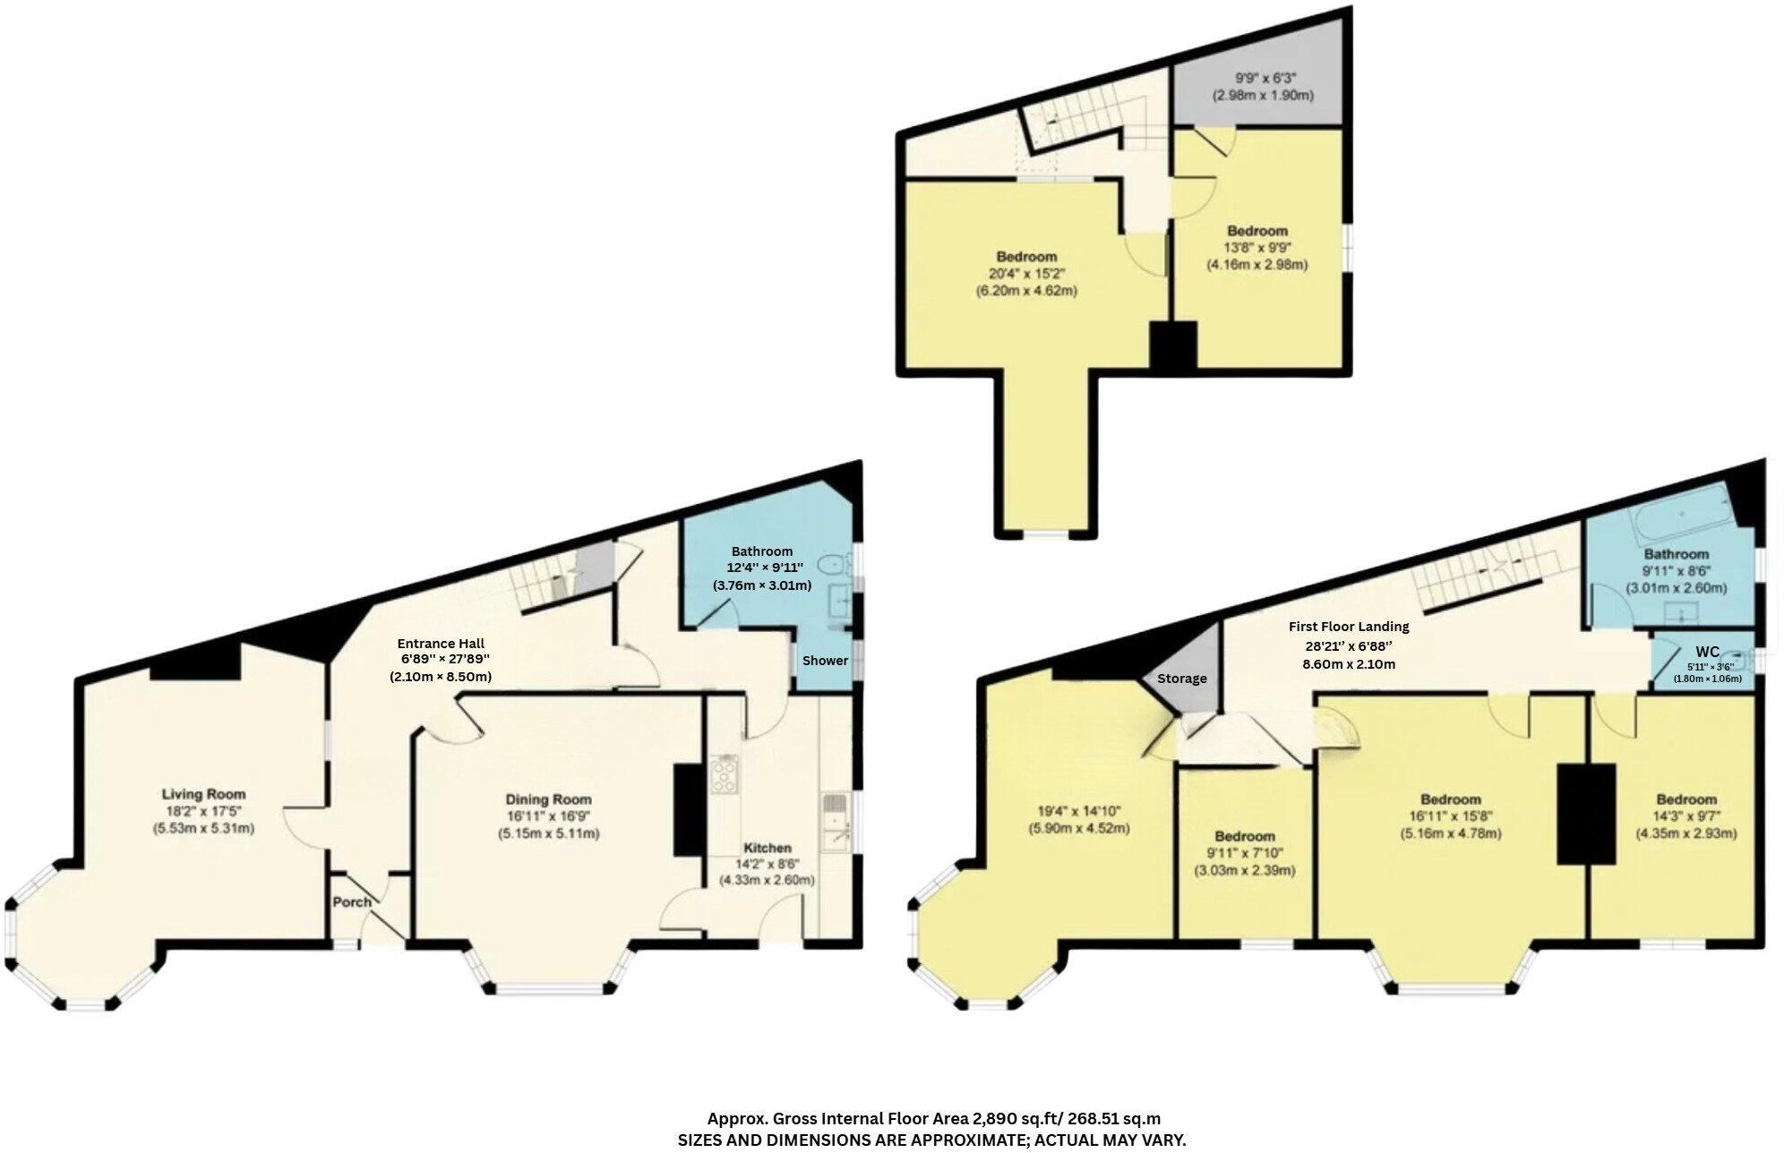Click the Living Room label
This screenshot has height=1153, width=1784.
tap(203, 794)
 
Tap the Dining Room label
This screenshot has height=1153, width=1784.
tap(548, 799)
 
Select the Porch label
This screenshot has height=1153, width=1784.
tap(352, 901)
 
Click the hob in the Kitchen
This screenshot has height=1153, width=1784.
tap(724, 774)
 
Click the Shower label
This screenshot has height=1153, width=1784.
tap(825, 661)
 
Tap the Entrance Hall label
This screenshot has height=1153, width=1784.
tap(441, 643)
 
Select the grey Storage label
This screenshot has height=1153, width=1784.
tap(1181, 678)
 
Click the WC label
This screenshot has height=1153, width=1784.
tap(1707, 652)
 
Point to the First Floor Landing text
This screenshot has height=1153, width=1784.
tap(1349, 627)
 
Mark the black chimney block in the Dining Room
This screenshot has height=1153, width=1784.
tap(689, 810)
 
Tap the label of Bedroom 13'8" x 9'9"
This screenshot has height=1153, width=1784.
tap(1257, 231)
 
